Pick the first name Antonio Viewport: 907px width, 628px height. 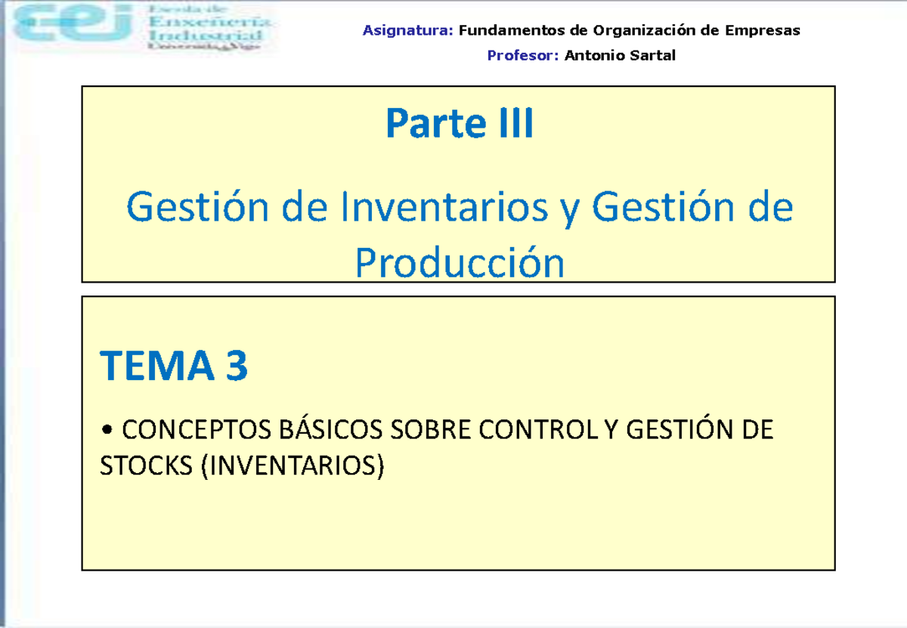coord(591,55)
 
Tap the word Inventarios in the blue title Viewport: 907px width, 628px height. coord(444,206)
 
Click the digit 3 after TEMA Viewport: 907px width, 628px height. coord(235,367)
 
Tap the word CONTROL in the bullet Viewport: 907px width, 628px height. coord(538,431)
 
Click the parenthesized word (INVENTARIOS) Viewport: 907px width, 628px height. coord(292,466)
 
